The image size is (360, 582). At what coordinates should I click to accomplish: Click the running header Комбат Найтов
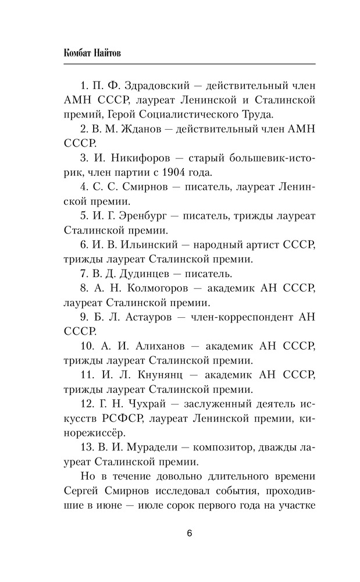click(x=94, y=52)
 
